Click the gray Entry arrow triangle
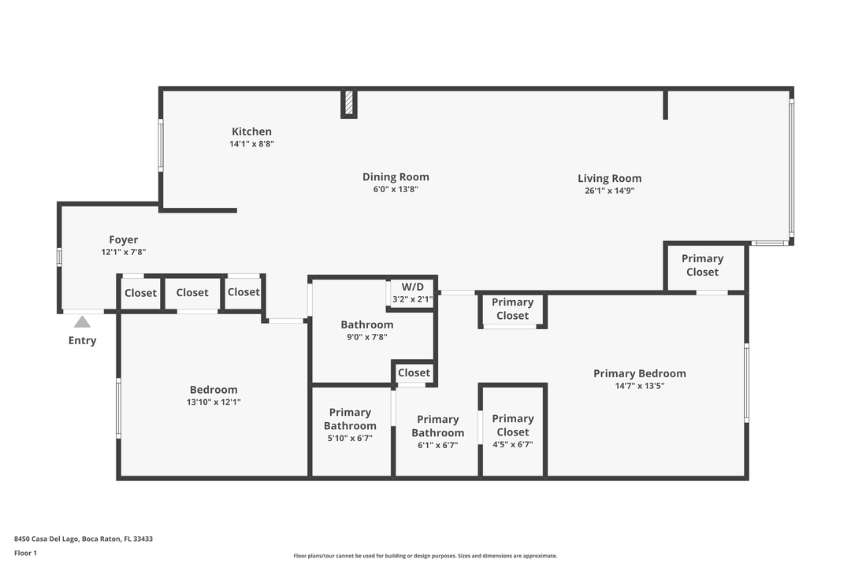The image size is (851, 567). click(82, 321)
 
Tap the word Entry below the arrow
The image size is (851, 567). click(82, 341)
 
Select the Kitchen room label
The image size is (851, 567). click(251, 132)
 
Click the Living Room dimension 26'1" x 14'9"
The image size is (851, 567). click(609, 190)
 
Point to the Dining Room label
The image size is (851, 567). click(396, 177)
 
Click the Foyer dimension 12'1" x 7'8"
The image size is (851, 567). click(124, 252)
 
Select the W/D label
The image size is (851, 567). click(413, 287)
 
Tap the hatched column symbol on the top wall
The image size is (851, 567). click(349, 103)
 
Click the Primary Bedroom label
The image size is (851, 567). click(639, 373)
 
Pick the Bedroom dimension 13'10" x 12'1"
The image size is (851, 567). click(214, 402)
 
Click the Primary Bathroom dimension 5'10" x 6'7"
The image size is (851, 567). click(350, 438)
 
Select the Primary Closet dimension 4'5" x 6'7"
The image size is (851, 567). click(513, 444)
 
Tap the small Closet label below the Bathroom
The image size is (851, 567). click(414, 372)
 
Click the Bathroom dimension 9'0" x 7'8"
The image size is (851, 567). click(367, 336)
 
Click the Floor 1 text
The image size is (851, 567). click(25, 553)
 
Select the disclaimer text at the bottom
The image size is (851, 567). click(425, 555)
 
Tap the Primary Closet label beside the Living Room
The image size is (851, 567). click(702, 265)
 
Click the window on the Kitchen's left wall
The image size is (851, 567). click(161, 145)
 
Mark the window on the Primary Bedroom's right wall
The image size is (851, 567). click(746, 383)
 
